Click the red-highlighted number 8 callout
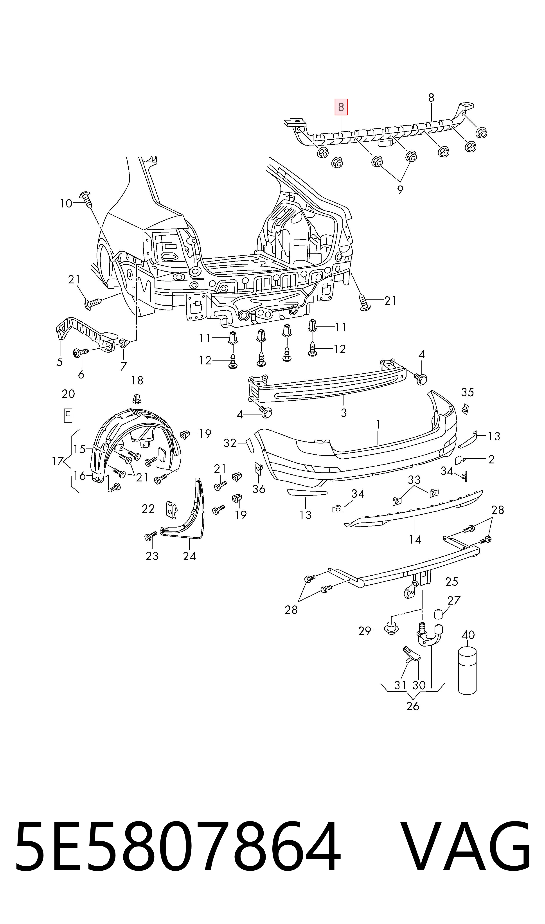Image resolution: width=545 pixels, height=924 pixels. pos(341,107)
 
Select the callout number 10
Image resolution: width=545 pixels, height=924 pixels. pos(66,204)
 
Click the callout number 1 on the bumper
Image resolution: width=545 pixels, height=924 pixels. pos(378,425)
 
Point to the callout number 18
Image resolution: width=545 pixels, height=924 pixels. pos(137,380)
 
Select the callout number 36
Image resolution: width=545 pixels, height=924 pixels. pos(259,489)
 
